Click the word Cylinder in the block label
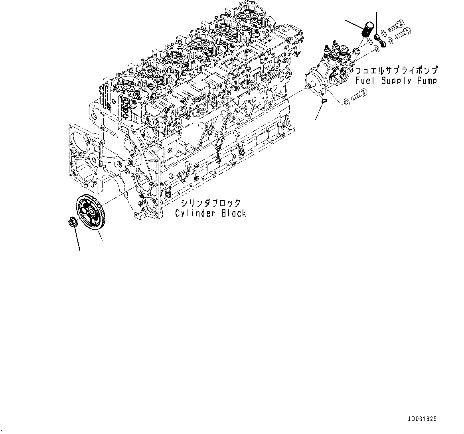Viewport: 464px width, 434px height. coord(195,213)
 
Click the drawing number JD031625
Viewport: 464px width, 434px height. coord(422,419)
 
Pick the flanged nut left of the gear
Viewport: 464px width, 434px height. coord(72,222)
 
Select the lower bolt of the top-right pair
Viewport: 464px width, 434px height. coord(403,34)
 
